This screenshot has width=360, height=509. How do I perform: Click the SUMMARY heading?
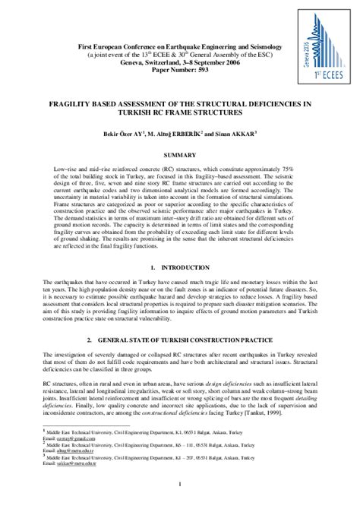(x=180, y=154)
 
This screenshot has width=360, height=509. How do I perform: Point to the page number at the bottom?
(x=180, y=485)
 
